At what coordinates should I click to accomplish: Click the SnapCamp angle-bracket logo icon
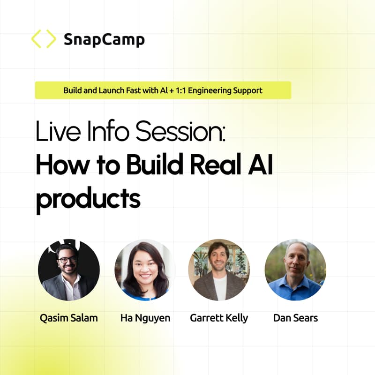43,39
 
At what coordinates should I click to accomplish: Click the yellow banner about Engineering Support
163,90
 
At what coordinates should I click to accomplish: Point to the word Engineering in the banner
211,90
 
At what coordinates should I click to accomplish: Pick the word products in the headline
88,199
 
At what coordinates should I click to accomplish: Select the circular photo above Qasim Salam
69,270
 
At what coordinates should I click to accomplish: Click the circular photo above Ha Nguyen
145,270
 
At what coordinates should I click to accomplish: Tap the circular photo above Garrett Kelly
219,270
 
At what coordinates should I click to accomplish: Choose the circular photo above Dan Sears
295,270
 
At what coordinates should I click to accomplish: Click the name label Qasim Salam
69,318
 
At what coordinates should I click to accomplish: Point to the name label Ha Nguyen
145,318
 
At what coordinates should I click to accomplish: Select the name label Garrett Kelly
219,318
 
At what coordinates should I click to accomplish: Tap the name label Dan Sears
295,318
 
